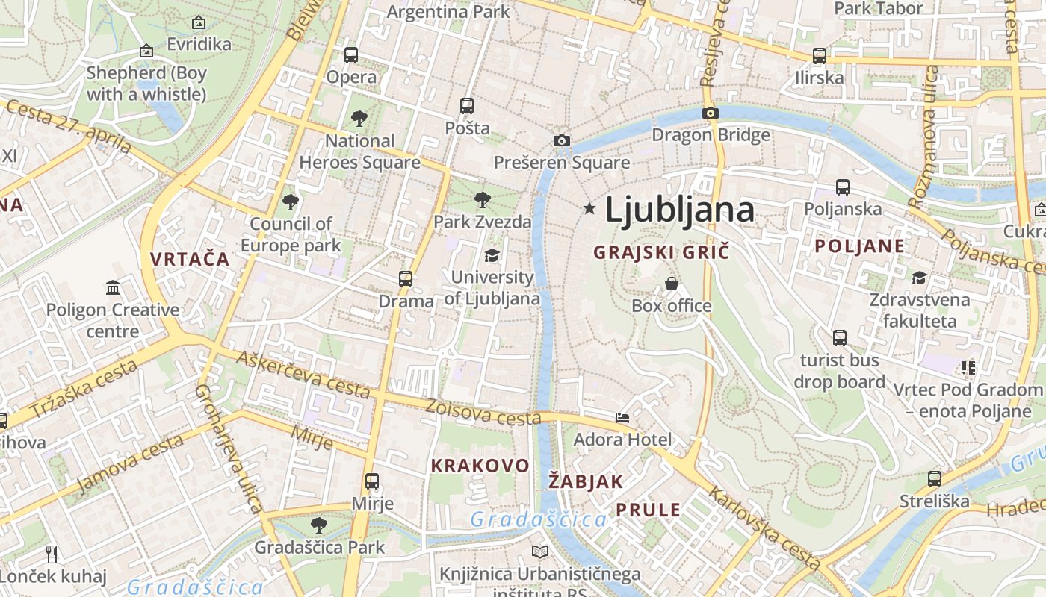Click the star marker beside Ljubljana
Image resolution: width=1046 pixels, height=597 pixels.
pos(589,208)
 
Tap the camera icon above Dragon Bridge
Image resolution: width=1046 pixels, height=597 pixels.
pos(710,113)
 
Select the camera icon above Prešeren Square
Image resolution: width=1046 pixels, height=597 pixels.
pos(561,140)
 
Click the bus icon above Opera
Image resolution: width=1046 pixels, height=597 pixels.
pos(350,54)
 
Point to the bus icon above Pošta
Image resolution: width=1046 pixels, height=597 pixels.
pos(467,105)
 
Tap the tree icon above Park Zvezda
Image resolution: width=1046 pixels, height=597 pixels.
pos(483,199)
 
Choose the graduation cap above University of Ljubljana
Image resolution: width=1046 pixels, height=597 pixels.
pos(492,255)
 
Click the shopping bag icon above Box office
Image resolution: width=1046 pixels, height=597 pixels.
pos(672,284)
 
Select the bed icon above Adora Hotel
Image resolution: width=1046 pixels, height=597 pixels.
pos(622,417)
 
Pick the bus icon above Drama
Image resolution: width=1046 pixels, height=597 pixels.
pos(405,278)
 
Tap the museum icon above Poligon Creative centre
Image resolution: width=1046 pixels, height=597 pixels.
pos(113,287)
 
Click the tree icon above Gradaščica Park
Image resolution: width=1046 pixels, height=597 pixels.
pos(319,525)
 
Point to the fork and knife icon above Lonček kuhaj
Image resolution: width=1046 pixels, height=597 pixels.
pos(52,554)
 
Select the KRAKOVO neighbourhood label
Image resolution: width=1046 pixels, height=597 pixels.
pos(480,466)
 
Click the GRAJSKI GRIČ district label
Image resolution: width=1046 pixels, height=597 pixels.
pos(660,252)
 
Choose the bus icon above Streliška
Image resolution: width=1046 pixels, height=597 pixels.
pos(934,478)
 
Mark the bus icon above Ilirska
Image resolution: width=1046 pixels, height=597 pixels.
pos(819,55)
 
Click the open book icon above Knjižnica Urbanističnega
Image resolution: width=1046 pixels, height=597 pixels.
pos(539,551)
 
